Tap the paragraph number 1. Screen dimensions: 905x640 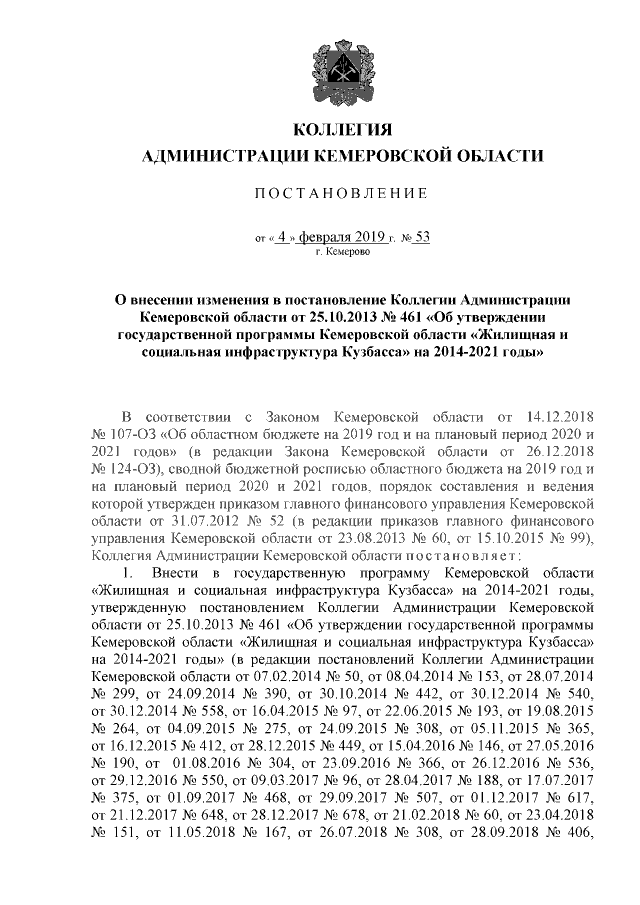(x=126, y=574)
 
